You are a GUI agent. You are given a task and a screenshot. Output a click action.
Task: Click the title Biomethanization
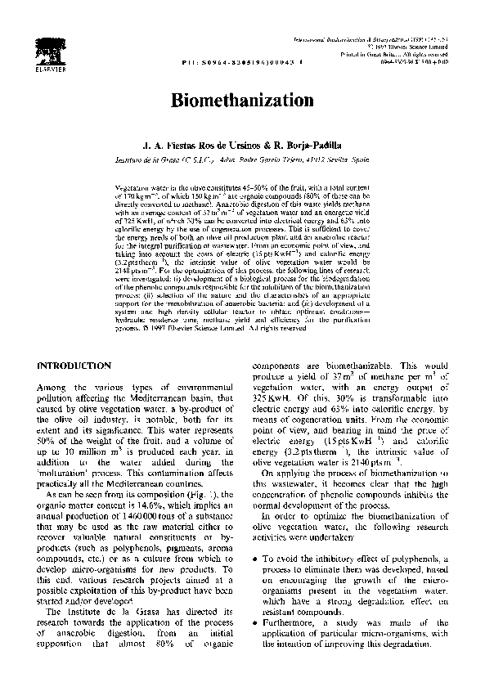242,101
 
